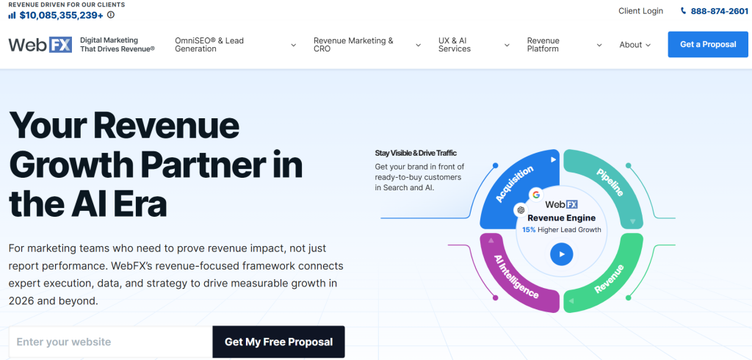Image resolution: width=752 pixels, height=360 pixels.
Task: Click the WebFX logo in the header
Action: [x=40, y=44]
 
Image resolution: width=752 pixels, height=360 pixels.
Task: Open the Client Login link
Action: [x=640, y=11]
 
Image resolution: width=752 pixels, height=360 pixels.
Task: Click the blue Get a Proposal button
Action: [x=707, y=44]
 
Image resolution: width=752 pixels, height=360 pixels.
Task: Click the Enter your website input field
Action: [x=110, y=342]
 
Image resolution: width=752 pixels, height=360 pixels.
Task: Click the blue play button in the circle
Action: [x=561, y=254]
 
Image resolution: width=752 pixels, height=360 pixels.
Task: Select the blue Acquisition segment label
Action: [x=514, y=183]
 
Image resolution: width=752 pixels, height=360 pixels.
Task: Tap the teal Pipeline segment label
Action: [x=610, y=183]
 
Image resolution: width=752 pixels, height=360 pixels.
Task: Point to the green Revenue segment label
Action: [x=609, y=278]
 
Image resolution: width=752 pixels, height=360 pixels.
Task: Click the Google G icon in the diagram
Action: [x=536, y=195]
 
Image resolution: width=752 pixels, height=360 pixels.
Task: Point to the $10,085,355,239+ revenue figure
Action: [x=61, y=15]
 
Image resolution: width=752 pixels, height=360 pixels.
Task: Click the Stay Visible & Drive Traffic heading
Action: [x=415, y=153]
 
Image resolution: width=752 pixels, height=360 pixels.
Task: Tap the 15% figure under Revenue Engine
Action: [x=529, y=230]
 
